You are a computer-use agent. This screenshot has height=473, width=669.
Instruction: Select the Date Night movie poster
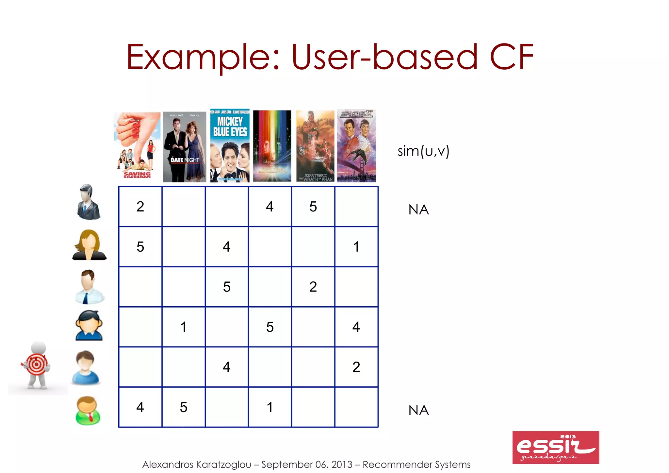click(x=185, y=147)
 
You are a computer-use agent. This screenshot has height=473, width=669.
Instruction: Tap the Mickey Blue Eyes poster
click(x=230, y=146)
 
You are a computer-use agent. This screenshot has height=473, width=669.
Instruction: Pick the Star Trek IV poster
click(x=356, y=146)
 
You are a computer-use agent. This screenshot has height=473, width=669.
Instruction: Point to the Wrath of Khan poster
click(x=315, y=146)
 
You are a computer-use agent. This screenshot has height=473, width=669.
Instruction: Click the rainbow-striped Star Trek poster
click(x=272, y=146)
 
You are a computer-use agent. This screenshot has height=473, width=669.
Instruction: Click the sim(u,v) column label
click(x=423, y=151)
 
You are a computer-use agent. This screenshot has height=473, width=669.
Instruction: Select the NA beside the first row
click(x=418, y=210)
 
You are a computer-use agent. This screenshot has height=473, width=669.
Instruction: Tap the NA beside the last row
click(x=418, y=410)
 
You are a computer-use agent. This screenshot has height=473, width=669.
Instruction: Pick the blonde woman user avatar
click(x=89, y=245)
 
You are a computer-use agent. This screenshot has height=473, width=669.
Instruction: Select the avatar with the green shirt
click(x=88, y=410)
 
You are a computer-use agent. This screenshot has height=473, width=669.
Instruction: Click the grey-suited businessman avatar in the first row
click(x=88, y=202)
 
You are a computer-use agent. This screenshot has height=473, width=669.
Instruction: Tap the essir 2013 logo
click(x=555, y=447)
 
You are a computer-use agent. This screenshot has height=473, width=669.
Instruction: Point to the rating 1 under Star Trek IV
click(x=356, y=247)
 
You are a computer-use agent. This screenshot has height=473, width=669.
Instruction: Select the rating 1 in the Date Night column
click(x=184, y=327)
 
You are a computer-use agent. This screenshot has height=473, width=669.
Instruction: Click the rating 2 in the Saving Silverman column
click(x=140, y=207)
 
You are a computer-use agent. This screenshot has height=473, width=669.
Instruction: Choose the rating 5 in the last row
click(x=184, y=407)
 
